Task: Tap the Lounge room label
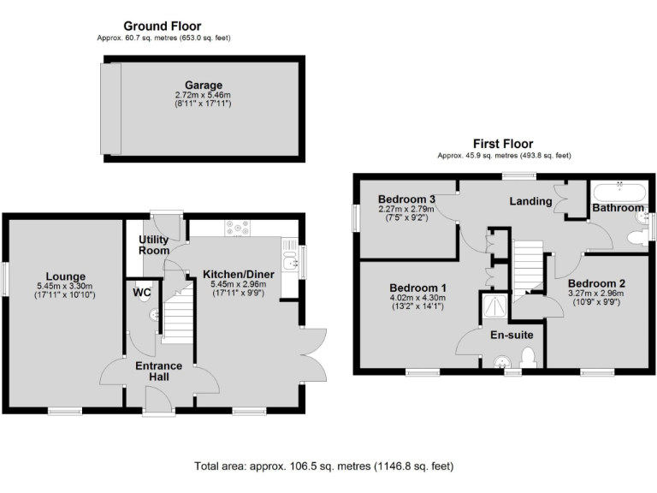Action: click(65, 276)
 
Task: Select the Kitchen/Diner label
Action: click(233, 275)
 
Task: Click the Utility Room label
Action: click(155, 246)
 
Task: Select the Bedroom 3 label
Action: click(407, 199)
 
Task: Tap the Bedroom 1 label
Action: click(418, 287)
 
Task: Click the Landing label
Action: click(530, 201)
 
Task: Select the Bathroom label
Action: click(618, 208)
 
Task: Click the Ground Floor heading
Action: click(163, 27)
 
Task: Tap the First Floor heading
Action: click(503, 144)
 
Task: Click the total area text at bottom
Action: click(323, 466)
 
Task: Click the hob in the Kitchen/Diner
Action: click(237, 228)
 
